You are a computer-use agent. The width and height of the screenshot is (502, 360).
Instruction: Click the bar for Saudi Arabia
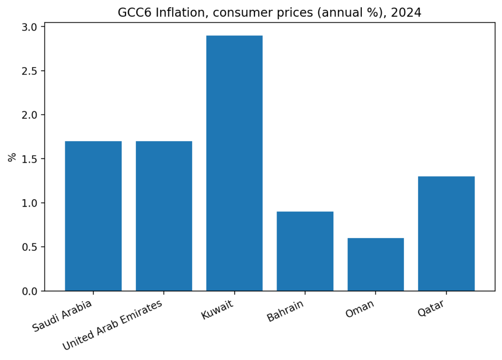pos(93,216)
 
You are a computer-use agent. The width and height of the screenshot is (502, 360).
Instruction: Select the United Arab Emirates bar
pos(164,216)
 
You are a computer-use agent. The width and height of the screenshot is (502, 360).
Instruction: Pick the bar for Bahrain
pos(305,251)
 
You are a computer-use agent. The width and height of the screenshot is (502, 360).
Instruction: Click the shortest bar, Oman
pos(376,264)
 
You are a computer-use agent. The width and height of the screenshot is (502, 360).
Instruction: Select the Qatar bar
pos(446,234)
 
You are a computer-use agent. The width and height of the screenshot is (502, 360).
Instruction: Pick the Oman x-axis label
pos(360,309)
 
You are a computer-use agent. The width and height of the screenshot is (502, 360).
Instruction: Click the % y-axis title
pos(12,157)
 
